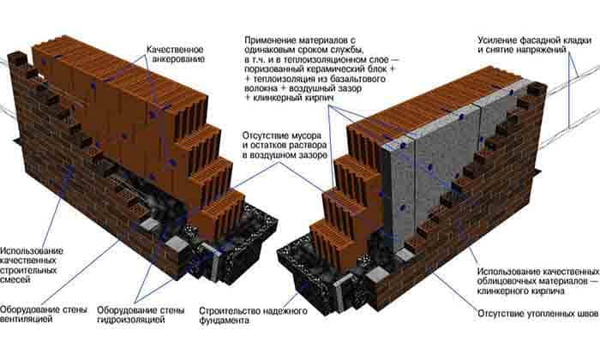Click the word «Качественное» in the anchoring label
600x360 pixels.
click(x=175, y=50)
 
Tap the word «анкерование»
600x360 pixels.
click(x=178, y=59)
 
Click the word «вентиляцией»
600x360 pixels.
click(x=26, y=319)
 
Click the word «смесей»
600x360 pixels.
click(x=15, y=279)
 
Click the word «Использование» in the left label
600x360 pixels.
click(x=32, y=251)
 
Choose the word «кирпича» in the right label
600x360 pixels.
click(x=549, y=291)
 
